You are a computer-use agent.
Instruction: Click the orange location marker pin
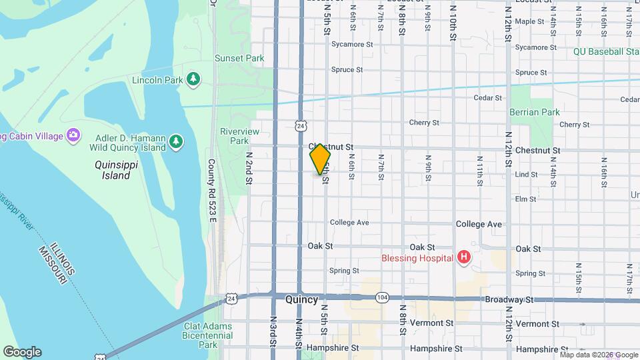click(x=320, y=159)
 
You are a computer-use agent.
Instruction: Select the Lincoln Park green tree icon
click(x=193, y=80)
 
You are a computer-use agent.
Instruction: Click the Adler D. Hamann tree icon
click(x=175, y=141)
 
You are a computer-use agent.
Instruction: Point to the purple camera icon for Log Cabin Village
click(x=74, y=136)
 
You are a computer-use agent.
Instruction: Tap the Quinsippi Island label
click(x=112, y=170)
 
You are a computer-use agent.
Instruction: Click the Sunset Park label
click(x=239, y=58)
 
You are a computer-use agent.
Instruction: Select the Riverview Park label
click(x=239, y=136)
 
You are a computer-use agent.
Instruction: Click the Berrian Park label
click(x=535, y=112)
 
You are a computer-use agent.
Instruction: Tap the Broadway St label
click(x=510, y=300)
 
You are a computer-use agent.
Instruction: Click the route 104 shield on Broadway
click(x=381, y=297)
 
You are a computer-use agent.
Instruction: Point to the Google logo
click(x=22, y=352)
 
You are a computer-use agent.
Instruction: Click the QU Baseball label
click(x=605, y=51)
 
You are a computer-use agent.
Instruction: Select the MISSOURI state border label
click(x=51, y=263)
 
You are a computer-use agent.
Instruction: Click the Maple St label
click(x=530, y=21)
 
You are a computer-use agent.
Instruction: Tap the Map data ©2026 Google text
click(x=598, y=355)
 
